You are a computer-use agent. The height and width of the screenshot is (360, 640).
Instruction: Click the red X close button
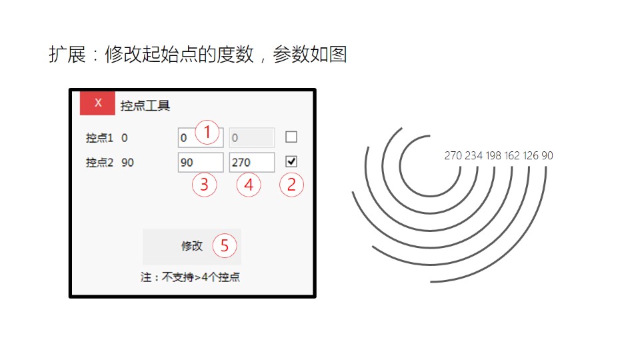point(97,103)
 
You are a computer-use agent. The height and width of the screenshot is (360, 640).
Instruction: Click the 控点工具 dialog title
point(145,105)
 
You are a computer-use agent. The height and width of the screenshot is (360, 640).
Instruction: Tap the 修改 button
point(191,246)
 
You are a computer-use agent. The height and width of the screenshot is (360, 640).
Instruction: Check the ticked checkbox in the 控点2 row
point(291,161)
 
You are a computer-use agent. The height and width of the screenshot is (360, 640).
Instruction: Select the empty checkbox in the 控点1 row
point(291,137)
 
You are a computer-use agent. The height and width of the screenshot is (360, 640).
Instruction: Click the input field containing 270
point(251,163)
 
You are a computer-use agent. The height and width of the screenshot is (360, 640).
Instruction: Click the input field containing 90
point(200,163)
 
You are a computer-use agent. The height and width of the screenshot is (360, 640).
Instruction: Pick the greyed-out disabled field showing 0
point(251,138)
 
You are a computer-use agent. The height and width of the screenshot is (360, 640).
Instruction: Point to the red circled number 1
point(207,133)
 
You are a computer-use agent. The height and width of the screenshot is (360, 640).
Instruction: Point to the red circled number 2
point(291,185)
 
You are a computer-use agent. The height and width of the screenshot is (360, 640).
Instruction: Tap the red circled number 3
point(205,185)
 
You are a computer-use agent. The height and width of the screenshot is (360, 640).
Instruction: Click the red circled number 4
point(249,185)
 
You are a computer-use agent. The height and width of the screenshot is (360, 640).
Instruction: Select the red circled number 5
point(225,246)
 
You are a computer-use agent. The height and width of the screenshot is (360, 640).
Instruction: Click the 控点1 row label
point(99,138)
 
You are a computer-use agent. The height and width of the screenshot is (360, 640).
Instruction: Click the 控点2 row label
point(99,163)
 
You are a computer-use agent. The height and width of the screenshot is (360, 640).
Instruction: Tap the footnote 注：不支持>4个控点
point(190,277)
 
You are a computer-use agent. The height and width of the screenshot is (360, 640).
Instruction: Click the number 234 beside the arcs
point(473,156)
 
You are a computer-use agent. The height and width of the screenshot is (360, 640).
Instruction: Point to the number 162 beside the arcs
point(512,156)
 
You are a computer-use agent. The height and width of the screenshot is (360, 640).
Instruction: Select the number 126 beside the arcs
point(531,156)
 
